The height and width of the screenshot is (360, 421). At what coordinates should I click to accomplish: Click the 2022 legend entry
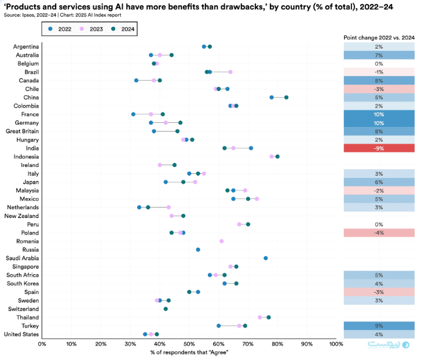coord(61,28)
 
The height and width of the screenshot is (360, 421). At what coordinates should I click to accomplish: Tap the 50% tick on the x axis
coord(189,344)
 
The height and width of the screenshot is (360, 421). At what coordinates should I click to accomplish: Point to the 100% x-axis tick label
coord(335,344)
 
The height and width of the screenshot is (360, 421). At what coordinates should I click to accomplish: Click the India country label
coord(32,148)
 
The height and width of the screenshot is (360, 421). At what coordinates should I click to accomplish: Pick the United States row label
coord(21,334)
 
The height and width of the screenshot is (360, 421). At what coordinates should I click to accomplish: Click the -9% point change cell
coord(379,148)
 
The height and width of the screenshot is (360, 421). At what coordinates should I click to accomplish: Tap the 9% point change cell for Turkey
coord(379,326)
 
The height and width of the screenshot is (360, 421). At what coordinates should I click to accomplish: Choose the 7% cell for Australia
coord(379,55)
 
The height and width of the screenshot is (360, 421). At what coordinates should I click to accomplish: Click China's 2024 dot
coord(286,97)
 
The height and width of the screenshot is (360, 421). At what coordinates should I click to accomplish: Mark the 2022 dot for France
coord(133,114)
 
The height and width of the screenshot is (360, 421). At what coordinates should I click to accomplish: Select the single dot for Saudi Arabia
coord(266,258)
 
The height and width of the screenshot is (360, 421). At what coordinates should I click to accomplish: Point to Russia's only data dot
coord(198,250)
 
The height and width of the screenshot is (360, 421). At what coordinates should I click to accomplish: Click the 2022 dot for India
coord(251,148)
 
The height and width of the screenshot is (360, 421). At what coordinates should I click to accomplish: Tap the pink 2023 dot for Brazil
coord(230,72)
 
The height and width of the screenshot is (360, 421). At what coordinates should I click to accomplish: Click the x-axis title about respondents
coord(189,353)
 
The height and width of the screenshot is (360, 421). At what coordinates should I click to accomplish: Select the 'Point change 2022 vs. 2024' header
coord(379,37)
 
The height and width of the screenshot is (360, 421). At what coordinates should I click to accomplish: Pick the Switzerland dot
coord(166,309)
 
